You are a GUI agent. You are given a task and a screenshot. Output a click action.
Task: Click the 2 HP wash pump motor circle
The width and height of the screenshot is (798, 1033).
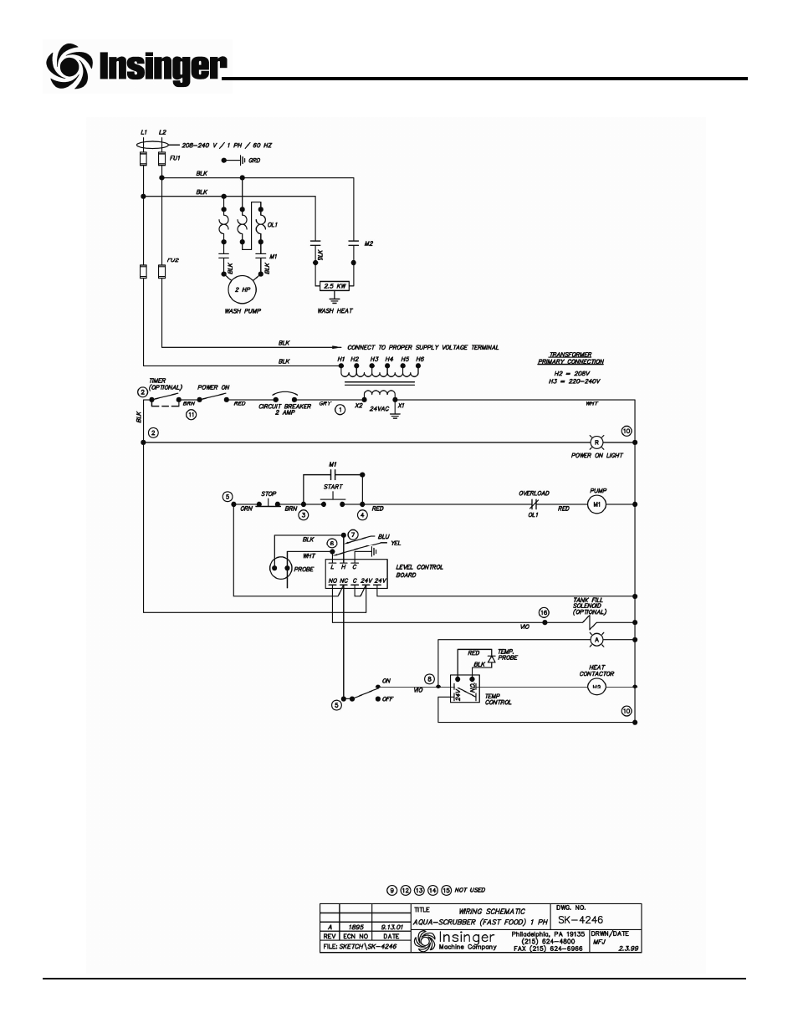tap(241, 289)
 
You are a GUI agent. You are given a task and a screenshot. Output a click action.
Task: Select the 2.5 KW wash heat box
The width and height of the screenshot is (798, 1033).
tap(335, 285)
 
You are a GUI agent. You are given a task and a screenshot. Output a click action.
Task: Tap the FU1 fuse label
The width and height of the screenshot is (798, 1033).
tap(174, 156)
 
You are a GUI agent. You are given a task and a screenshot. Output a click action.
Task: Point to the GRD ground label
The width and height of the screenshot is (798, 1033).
tap(254, 160)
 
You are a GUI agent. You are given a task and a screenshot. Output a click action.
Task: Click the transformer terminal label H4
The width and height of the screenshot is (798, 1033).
tap(388, 360)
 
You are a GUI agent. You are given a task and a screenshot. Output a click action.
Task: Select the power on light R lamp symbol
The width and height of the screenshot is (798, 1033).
tap(596, 440)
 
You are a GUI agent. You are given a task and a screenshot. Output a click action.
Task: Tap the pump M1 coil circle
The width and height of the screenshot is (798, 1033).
tap(596, 505)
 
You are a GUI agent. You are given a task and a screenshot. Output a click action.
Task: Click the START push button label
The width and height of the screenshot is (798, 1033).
tap(332, 486)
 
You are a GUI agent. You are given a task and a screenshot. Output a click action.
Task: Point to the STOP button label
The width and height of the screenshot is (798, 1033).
tap(269, 494)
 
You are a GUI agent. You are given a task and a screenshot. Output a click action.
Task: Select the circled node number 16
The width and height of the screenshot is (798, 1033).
tap(544, 612)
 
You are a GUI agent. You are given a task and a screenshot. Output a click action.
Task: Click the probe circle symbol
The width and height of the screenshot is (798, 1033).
tap(280, 569)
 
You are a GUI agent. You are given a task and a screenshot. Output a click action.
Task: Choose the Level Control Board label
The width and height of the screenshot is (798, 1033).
tap(419, 570)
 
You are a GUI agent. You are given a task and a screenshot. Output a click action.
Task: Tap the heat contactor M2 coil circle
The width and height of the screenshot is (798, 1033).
tap(596, 687)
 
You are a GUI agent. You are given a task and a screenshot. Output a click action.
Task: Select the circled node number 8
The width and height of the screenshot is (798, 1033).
tap(430, 678)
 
